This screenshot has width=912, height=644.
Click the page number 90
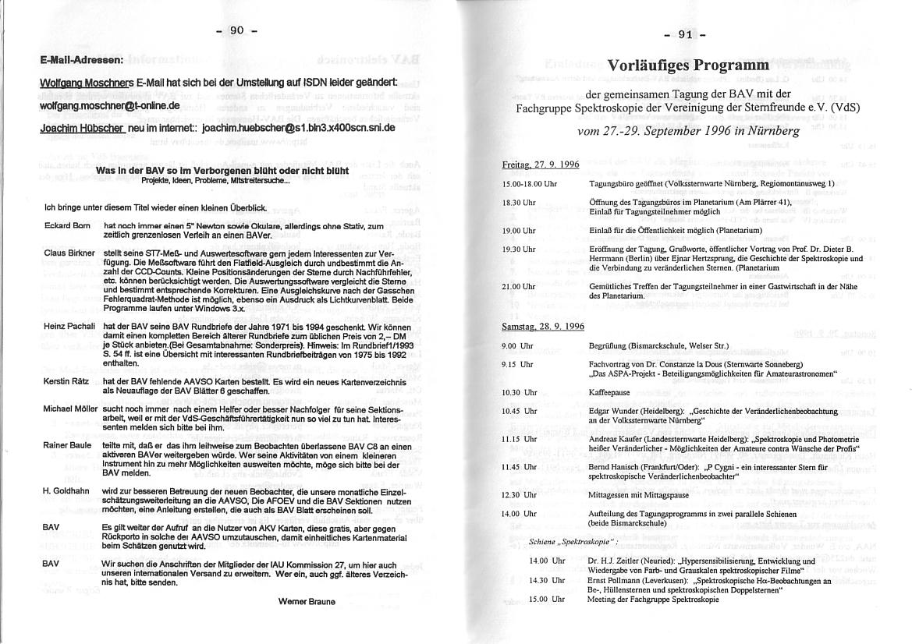(x=236, y=30)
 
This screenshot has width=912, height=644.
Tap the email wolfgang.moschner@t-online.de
(x=110, y=105)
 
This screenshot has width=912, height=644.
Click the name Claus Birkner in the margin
(x=69, y=253)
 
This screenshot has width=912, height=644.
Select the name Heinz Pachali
(x=69, y=324)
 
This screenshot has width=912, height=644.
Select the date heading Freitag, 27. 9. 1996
(x=540, y=165)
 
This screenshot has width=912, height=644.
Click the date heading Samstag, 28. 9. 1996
(x=542, y=326)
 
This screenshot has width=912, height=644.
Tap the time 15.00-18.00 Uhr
(x=529, y=184)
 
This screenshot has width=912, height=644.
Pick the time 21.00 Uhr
(x=519, y=286)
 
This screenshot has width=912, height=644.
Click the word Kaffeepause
(x=609, y=392)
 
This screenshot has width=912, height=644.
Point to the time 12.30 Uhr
(x=519, y=495)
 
